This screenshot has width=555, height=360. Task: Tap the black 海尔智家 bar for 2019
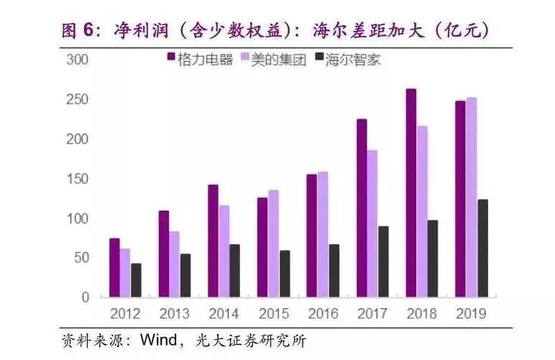[482, 248]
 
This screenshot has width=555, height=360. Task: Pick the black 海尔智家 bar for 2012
[136, 280]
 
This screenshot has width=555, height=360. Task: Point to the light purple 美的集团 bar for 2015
[274, 244]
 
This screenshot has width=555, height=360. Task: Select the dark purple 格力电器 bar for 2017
[362, 208]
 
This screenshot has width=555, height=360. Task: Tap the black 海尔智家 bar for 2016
[334, 270]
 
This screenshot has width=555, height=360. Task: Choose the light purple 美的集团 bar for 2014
[224, 251]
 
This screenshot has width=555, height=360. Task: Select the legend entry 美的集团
[277, 60]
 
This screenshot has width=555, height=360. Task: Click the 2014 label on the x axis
[224, 314]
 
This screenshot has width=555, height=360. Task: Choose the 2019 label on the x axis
[471, 314]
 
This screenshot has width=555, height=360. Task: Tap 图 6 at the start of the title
[80, 30]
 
